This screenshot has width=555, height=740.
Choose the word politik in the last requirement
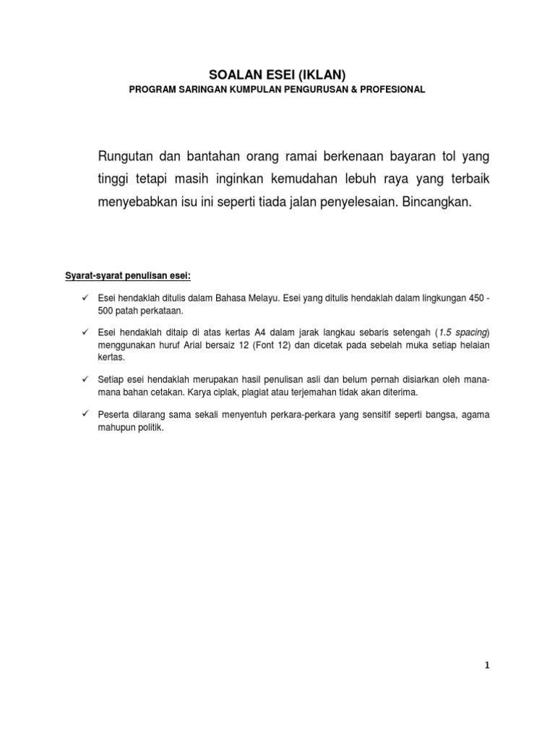pyautogui.click(x=150, y=426)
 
